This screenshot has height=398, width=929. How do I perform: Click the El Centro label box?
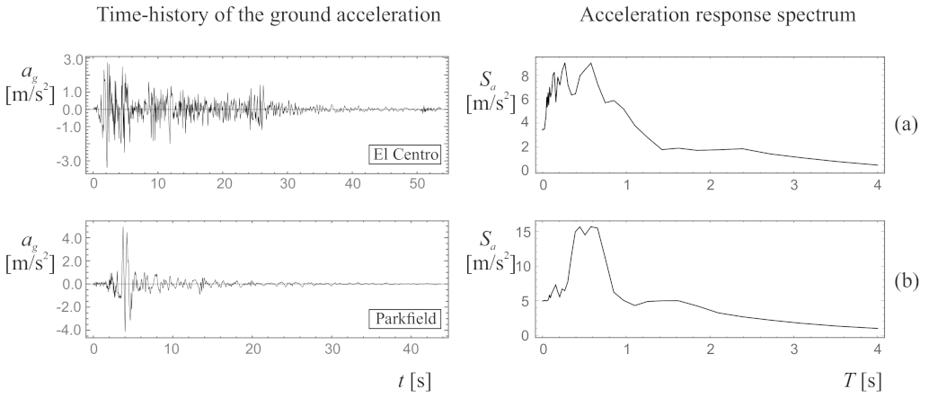405,155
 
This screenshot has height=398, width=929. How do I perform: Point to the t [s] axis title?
413,380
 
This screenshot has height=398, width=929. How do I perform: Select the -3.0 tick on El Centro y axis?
71,161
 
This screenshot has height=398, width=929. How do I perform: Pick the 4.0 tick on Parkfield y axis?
73,239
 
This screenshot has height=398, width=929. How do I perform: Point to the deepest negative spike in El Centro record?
107,165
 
